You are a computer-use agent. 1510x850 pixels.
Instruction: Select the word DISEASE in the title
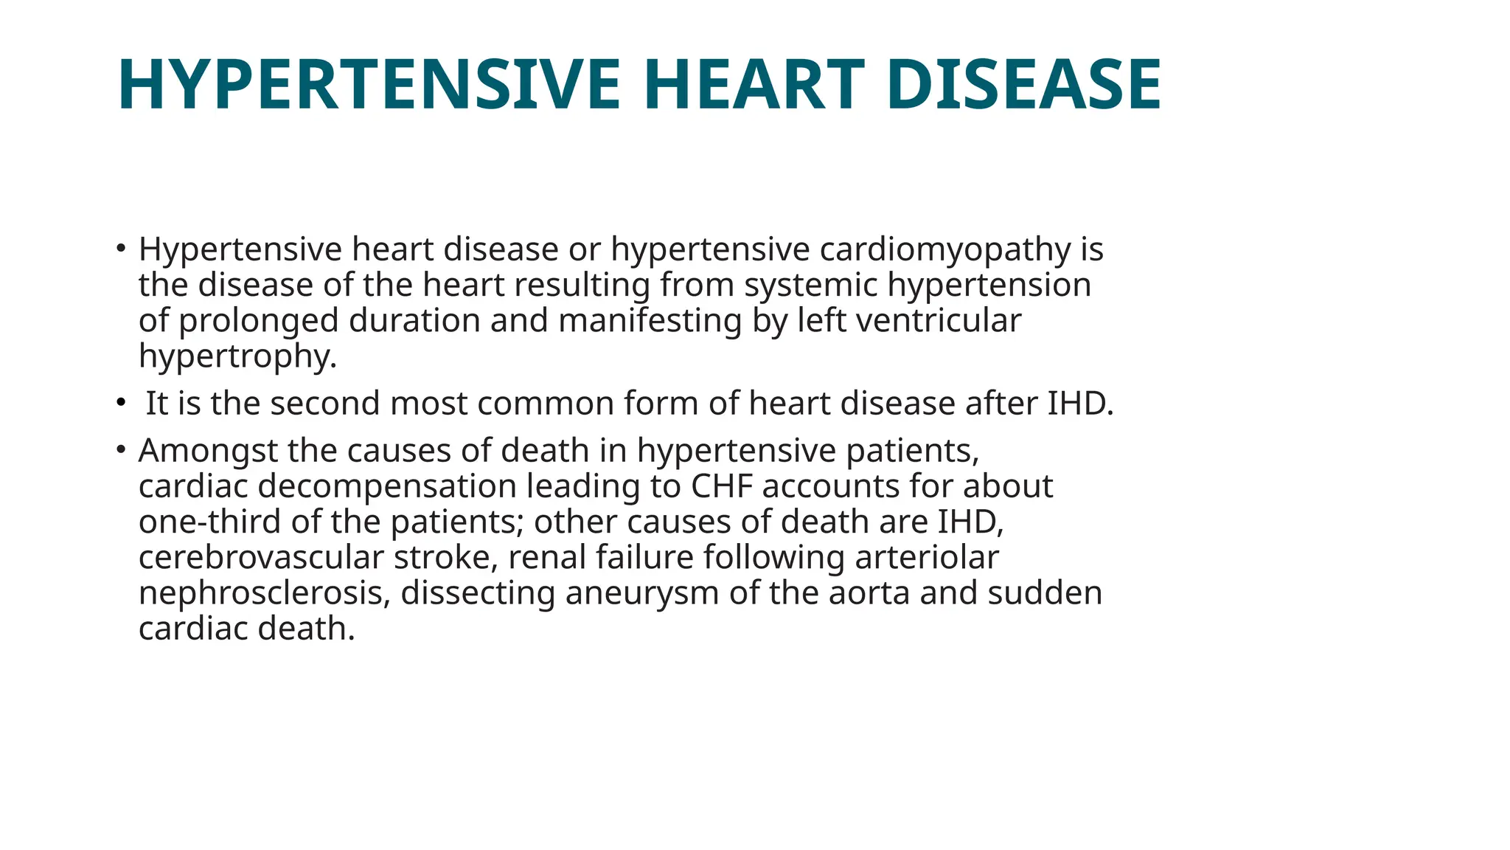point(1023,85)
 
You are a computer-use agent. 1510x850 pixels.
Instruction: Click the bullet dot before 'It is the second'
point(121,403)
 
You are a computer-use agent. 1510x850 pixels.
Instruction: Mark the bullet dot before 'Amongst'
point(121,449)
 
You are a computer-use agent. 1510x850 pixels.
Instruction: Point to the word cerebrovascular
point(261,557)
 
